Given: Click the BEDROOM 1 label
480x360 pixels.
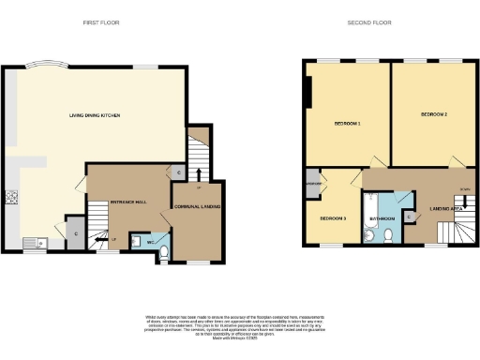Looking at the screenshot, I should click(x=348, y=124).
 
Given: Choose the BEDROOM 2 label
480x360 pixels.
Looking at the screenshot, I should click(x=433, y=114).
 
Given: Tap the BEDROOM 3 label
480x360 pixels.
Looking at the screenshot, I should click(x=333, y=218).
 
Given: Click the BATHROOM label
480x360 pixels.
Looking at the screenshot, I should click(x=383, y=218).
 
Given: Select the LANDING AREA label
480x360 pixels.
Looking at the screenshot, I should click(x=444, y=207).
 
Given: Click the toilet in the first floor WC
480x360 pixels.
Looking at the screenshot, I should click(x=163, y=250).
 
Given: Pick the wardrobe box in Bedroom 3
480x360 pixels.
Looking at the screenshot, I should click(x=311, y=183).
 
